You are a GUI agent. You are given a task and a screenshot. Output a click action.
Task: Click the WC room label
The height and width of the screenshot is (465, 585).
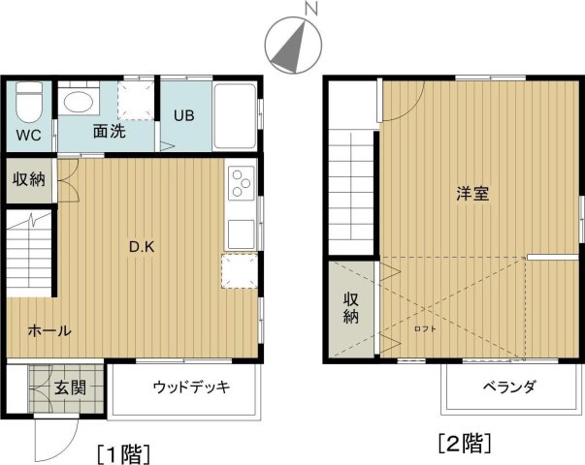click(x=29, y=136)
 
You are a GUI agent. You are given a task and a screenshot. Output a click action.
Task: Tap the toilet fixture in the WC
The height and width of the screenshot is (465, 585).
click(x=29, y=103)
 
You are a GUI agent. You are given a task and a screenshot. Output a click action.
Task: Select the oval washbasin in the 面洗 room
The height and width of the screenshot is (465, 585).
click(x=79, y=101)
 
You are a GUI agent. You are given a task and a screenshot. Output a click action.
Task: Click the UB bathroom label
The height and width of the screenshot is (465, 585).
click(x=184, y=115)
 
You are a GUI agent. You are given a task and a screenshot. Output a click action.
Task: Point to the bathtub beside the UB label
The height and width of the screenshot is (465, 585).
click(x=235, y=116)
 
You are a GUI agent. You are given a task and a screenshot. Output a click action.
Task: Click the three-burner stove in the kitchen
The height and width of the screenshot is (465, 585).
click(x=241, y=183)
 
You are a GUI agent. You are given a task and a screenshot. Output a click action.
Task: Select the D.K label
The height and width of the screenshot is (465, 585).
click(x=142, y=246)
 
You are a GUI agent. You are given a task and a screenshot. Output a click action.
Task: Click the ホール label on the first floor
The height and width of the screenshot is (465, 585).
click(x=49, y=330)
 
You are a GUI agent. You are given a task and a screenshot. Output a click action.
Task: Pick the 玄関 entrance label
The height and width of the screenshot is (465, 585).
click(x=71, y=387)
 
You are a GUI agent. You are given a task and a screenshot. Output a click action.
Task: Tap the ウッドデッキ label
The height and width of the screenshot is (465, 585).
click(x=191, y=387)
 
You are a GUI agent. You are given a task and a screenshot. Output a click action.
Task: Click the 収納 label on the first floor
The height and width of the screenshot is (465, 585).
click(x=29, y=179)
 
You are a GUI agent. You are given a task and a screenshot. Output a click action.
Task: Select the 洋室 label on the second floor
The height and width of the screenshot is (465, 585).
click(x=472, y=194)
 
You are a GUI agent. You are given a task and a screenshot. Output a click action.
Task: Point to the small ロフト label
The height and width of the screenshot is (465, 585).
click(x=425, y=329)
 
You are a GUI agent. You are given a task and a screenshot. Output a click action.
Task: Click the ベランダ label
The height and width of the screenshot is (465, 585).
click(x=509, y=387)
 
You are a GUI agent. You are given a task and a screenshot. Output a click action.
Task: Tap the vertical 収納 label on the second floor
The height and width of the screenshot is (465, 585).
click(x=351, y=308)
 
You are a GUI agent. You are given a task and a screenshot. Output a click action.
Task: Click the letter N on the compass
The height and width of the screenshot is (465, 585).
click(x=310, y=8)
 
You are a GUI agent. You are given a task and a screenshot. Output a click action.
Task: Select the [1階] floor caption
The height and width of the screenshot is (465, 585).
click(x=124, y=453)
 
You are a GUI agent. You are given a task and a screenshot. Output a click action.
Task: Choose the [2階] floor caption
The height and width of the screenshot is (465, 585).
click(x=464, y=443)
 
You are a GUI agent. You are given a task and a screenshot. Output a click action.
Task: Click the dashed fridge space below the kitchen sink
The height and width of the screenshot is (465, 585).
click(x=240, y=271)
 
